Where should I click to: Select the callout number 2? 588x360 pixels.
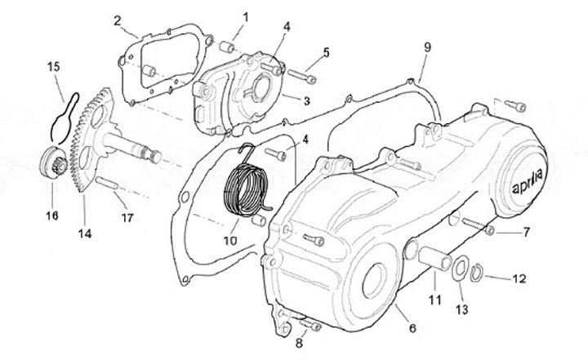[x=118, y=20]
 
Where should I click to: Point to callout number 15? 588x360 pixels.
[x=53, y=65]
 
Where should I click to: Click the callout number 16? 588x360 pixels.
[x=53, y=216]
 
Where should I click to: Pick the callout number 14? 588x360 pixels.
[x=85, y=233]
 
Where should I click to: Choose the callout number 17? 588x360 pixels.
[x=127, y=217]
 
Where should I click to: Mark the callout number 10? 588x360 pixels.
[x=229, y=241]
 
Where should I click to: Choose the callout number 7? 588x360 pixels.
[x=526, y=232]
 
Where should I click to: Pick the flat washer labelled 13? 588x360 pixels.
[x=461, y=268]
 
